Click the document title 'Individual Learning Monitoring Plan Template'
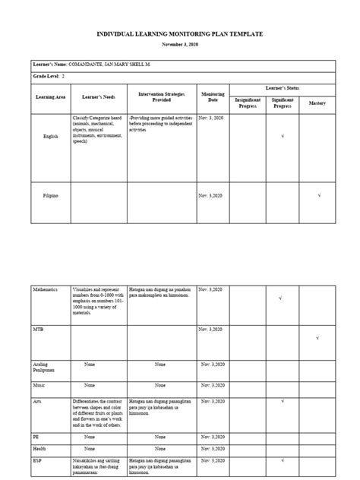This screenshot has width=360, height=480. [180, 35]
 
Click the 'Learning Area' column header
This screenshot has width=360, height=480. [51, 98]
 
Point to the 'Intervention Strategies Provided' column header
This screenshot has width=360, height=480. [161, 96]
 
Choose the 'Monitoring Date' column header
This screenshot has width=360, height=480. [212, 96]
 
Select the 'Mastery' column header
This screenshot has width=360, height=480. [317, 102]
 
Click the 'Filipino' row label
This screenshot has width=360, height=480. [50, 196]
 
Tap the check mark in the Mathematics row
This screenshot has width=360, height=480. [282, 298]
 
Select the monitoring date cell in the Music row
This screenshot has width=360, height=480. [212, 386]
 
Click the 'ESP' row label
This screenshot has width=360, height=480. [39, 459]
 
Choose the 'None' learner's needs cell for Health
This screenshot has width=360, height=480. [90, 448]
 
